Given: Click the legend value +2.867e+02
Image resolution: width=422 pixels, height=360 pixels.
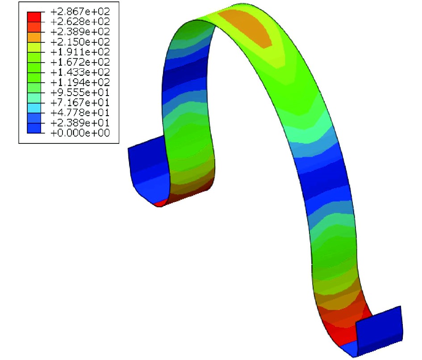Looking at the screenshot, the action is point(80,12).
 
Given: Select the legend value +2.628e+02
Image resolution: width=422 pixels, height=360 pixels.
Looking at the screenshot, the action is point(80,22).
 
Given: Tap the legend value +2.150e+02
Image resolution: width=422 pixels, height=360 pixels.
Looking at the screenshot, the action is point(80,42).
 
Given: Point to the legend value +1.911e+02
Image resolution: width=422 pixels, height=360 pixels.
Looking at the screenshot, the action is point(80,52).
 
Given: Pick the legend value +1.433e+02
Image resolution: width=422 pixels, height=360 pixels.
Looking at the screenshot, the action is point(80,72).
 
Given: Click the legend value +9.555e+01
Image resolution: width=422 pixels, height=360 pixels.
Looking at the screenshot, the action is point(80,92).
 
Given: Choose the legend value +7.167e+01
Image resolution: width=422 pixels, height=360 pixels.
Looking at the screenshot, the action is point(80,103).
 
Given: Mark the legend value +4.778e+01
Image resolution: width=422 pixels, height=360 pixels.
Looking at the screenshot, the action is point(80,113).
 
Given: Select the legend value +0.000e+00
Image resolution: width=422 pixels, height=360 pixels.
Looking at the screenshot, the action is point(80,133).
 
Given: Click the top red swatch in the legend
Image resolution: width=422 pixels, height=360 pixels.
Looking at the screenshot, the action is point(34,17).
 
